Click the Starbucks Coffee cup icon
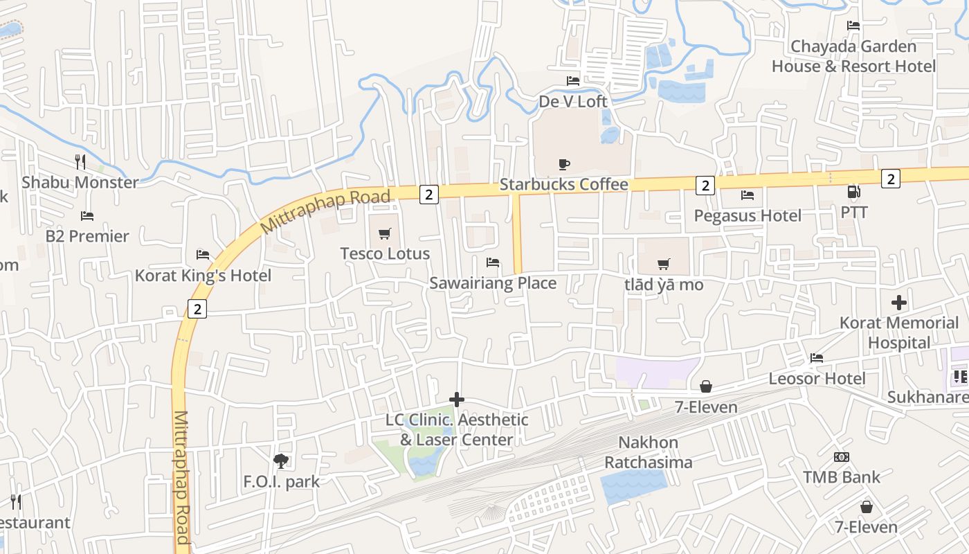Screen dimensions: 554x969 pyautogui.click(x=564, y=164)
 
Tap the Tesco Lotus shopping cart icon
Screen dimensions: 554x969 pyautogui.click(x=385, y=233)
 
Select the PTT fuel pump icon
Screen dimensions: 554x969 pyautogui.click(x=854, y=192)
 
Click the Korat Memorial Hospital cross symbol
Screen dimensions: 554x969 pyautogui.click(x=899, y=303)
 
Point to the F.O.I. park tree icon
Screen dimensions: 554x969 pyautogui.click(x=281, y=461)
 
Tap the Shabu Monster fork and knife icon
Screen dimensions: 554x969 pyautogui.click(x=81, y=162)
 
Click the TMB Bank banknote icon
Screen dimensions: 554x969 pyautogui.click(x=842, y=457)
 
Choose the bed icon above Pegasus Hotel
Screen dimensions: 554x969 pyautogui.click(x=747, y=195)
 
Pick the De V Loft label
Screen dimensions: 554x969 pyautogui.click(x=573, y=102)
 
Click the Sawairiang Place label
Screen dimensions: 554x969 pyautogui.click(x=493, y=283)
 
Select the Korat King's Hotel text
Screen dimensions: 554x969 pyautogui.click(x=203, y=276)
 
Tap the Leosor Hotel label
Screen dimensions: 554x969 pyautogui.click(x=817, y=379)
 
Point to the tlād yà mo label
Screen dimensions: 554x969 pyautogui.click(x=663, y=285)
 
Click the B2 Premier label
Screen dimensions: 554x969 pyautogui.click(x=87, y=236)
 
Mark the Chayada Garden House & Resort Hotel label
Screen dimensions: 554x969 pyautogui.click(x=853, y=57)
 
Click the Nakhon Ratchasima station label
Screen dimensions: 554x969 pyautogui.click(x=649, y=452)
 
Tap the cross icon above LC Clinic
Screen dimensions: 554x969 pyautogui.click(x=457, y=400)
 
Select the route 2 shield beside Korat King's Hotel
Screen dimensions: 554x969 pyautogui.click(x=197, y=309)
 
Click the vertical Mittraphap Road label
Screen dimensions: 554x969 pyautogui.click(x=182, y=478)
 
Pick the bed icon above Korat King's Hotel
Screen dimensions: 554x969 pyautogui.click(x=203, y=255)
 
